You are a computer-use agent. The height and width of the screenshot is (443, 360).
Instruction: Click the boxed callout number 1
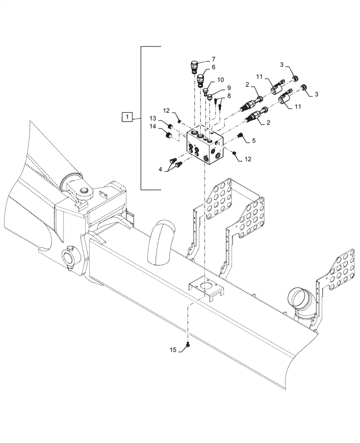(x=126, y=117)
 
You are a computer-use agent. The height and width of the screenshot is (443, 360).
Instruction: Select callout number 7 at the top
(x=213, y=59)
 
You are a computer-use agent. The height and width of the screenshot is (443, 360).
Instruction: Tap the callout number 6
(x=213, y=67)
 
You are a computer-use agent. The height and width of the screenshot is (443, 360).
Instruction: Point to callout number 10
(x=221, y=80)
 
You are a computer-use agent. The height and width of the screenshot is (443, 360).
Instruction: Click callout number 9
(x=229, y=88)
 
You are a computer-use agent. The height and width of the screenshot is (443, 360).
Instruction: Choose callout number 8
(x=229, y=95)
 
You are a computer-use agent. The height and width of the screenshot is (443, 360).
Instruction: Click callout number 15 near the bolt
(x=172, y=350)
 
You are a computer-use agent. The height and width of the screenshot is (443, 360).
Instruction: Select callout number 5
(x=254, y=140)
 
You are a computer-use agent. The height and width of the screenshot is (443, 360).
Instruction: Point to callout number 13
(x=153, y=118)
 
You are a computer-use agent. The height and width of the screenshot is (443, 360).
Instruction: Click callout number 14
(x=153, y=127)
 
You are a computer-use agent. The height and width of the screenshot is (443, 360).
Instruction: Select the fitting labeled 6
(x=201, y=79)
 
